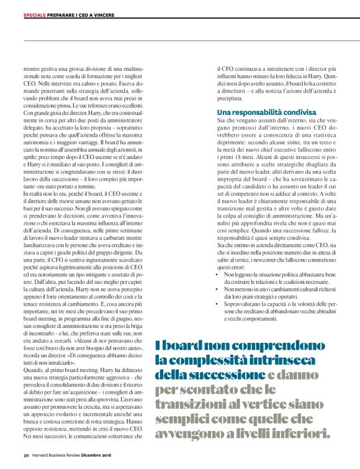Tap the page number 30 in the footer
click(x=26, y=455)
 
